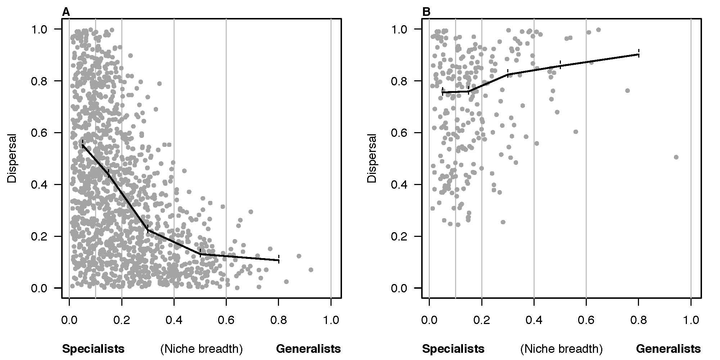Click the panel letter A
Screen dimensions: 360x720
[66, 12]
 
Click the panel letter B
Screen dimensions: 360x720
[426, 12]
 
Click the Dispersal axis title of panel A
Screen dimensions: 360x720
[12, 159]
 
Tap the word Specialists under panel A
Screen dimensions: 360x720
[93, 349]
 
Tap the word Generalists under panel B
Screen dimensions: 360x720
[669, 349]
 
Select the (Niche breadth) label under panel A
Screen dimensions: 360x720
[201, 349]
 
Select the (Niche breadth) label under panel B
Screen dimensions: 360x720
[561, 349]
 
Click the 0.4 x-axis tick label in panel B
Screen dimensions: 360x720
[534, 320]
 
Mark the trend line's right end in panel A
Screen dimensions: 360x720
[279, 260]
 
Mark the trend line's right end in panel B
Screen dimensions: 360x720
[639, 54]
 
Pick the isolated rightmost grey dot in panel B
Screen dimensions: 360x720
[676, 157]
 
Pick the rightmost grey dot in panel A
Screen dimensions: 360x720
[311, 270]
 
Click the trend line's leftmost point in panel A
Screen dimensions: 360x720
[82, 145]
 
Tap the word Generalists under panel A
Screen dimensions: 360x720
[308, 349]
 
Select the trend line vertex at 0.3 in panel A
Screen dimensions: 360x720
[148, 230]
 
